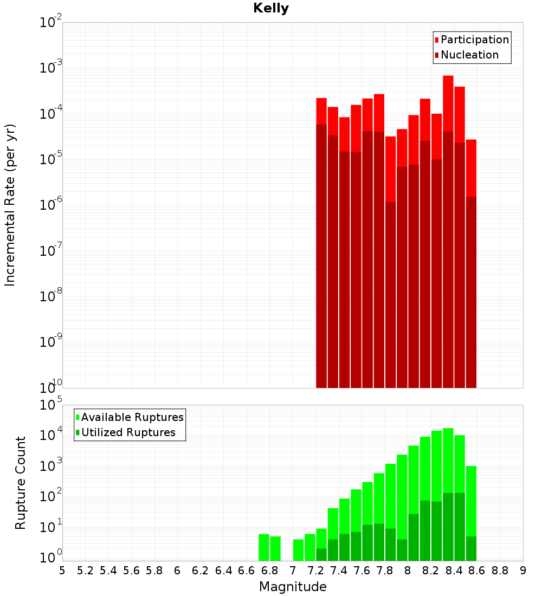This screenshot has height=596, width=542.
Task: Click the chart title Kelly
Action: tap(271, 9)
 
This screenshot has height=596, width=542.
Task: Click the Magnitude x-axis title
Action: tap(293, 587)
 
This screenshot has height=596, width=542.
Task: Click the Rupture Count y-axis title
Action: tap(21, 482)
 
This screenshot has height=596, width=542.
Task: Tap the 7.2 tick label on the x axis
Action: tap(315, 570)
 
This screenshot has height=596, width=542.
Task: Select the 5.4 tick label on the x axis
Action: tap(108, 570)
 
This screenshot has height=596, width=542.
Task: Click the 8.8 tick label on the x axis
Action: tap(500, 570)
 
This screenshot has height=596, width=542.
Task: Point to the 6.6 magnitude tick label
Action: tap(247, 570)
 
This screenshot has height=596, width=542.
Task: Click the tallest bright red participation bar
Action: tap(448, 103)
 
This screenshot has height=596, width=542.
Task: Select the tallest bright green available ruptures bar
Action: tap(448, 461)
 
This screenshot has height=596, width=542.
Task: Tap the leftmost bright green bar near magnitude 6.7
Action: tap(264, 547)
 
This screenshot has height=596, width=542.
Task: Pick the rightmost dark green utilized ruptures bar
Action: tap(471, 548)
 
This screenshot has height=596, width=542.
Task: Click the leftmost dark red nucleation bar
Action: tap(321, 255)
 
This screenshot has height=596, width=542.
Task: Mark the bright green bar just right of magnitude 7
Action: tap(299, 550)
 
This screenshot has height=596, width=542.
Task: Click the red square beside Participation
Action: tap(437, 40)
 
